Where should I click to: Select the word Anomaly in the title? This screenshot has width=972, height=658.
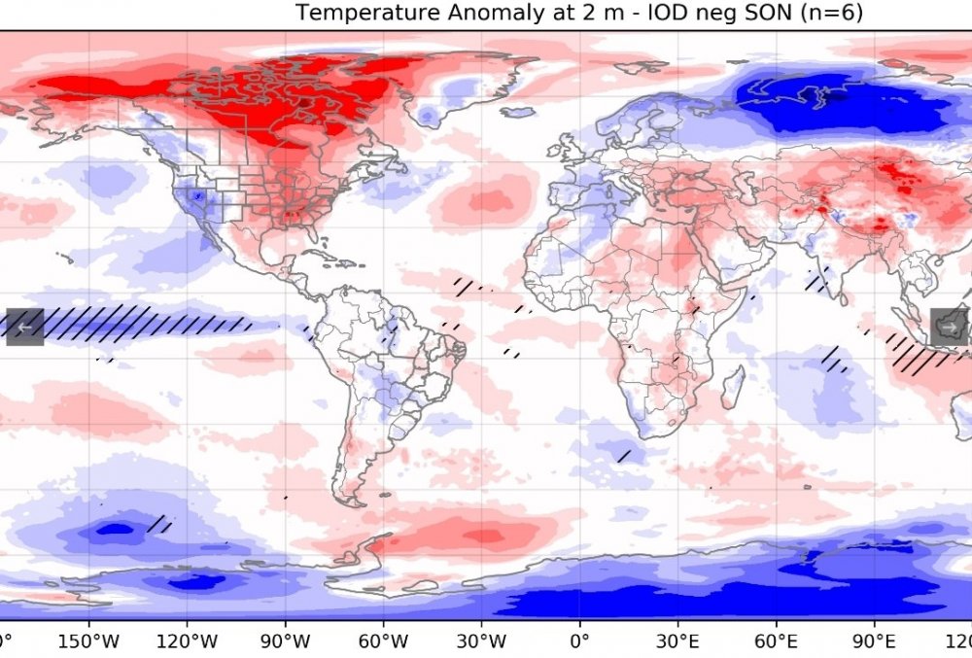tap(472, 13)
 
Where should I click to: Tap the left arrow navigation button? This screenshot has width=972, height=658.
tap(24, 326)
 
